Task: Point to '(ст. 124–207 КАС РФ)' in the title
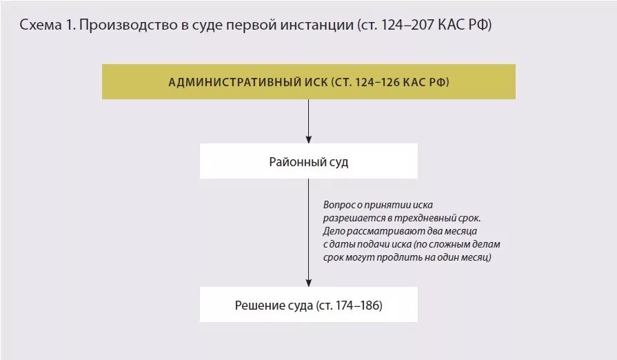click(425, 26)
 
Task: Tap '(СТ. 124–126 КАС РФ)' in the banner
click(390, 82)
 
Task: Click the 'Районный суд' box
click(308, 161)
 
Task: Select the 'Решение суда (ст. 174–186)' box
click(308, 305)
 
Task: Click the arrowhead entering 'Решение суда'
click(308, 282)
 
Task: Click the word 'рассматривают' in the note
click(383, 231)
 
